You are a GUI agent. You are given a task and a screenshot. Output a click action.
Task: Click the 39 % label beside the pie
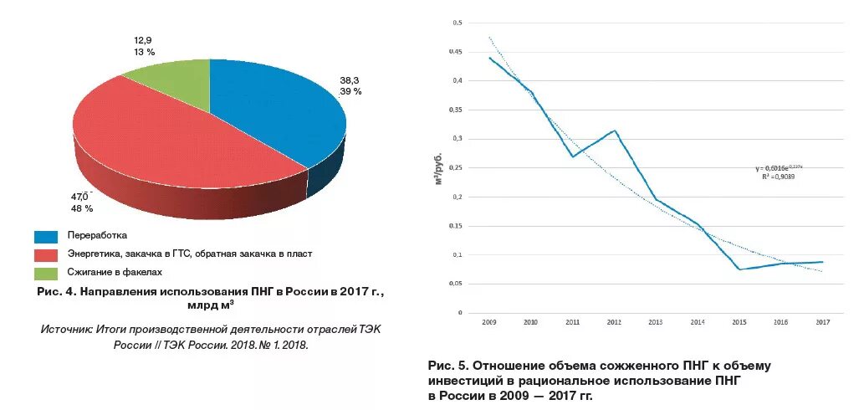(350, 92)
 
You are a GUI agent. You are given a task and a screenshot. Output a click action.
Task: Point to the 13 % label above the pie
(144, 52)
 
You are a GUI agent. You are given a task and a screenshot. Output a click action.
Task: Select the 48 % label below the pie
(81, 208)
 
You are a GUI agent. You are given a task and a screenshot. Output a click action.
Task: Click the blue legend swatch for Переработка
(46, 237)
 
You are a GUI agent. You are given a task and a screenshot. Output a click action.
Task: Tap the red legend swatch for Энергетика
(46, 254)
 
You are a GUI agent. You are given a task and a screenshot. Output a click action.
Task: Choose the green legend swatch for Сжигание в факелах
(46, 273)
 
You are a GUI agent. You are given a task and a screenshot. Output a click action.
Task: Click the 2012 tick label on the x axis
(613, 321)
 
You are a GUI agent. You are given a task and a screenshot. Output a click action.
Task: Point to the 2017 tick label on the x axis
(822, 321)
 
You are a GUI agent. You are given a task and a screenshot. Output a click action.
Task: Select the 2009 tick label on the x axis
(489, 321)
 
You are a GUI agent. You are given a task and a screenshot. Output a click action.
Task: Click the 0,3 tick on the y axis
(458, 139)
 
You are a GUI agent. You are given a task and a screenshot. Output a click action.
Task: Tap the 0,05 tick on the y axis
(456, 284)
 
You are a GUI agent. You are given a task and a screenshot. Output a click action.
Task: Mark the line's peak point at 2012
(614, 131)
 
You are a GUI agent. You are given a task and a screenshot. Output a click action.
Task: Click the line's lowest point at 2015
(739, 269)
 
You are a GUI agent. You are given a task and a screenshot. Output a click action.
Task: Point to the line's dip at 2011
(572, 156)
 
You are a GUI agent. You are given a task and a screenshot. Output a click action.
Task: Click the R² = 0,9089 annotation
(779, 177)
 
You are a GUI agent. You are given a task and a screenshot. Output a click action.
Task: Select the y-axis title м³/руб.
(438, 167)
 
